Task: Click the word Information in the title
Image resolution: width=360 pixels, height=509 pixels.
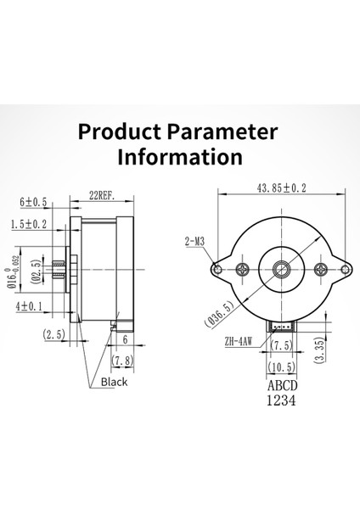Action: (x=179, y=157)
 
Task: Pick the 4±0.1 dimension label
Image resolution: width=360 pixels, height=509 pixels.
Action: (x=29, y=305)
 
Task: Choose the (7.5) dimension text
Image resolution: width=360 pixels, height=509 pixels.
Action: (x=283, y=346)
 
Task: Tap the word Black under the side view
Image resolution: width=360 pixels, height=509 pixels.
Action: (x=115, y=383)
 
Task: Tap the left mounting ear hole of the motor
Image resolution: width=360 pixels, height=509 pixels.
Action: (x=218, y=270)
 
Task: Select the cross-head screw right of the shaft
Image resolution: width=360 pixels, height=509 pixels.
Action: (x=321, y=270)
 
